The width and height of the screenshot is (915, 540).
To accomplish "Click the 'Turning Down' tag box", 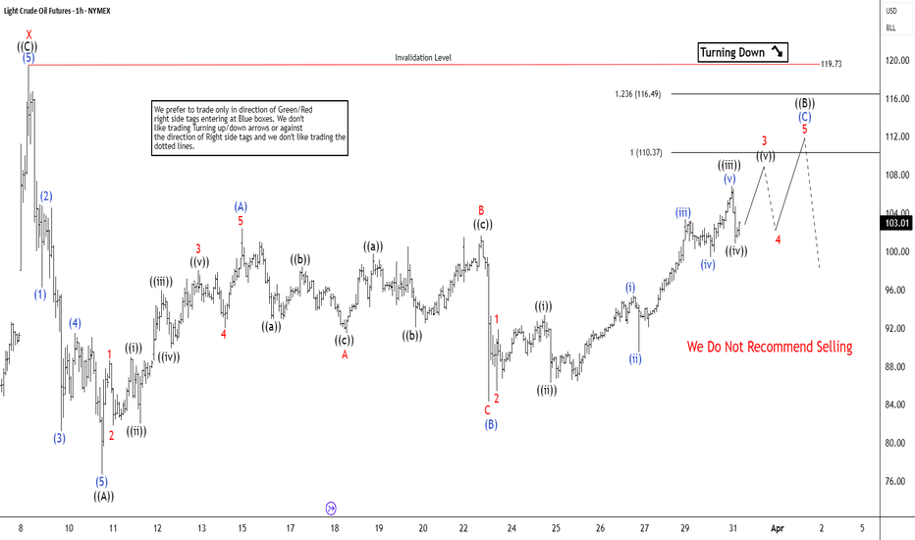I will coord(742,52).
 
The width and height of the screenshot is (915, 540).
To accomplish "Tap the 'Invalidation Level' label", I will coord(423,58).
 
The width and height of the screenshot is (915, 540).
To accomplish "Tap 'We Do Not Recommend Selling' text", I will coord(769,347).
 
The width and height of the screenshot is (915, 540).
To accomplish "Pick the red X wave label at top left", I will coord(28,34).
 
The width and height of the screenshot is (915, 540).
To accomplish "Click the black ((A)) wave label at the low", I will coord(103,496).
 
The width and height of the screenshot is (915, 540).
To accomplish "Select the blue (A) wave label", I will coord(241,206).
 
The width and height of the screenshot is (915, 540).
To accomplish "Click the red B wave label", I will coord(481,210).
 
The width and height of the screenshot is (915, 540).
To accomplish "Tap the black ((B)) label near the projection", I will coord(805,103).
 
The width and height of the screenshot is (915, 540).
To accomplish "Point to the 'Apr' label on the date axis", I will coord(778,528).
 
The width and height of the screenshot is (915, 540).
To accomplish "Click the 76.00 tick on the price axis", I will coord(893,481).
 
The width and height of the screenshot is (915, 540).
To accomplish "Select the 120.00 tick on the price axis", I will coord(893,59).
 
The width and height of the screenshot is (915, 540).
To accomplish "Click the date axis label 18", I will coord(335,528).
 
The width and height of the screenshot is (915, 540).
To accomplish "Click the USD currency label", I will coord(891,11).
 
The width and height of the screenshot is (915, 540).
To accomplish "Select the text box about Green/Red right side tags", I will coord(249,127).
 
